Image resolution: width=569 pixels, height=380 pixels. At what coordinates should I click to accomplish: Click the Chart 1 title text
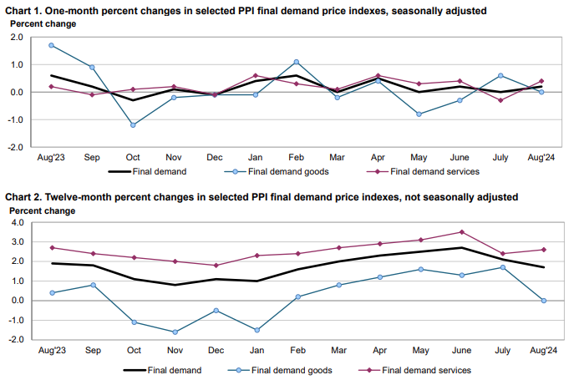[247, 11]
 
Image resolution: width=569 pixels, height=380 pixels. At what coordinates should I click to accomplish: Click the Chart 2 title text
[262, 197]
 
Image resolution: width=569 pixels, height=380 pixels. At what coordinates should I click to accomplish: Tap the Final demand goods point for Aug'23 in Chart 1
[51, 45]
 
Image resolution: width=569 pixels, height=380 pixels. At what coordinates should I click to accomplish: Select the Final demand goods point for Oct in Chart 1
[133, 124]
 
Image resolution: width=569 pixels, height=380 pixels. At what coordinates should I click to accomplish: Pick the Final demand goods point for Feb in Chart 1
[296, 62]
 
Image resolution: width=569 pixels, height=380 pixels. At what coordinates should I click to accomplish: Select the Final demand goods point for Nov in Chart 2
[174, 332]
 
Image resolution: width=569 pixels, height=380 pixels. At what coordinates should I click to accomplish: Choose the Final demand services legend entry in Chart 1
[434, 171]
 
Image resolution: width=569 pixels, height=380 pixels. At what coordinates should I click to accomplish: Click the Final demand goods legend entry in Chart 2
[291, 369]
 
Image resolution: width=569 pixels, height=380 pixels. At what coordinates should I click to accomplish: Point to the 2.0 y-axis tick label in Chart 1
[18, 38]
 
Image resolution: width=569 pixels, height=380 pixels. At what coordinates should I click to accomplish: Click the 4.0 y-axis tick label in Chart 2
[18, 223]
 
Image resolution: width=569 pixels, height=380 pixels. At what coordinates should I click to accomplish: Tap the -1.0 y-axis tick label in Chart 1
[16, 119]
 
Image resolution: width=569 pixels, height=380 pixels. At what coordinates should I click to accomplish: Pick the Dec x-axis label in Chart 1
[215, 157]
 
